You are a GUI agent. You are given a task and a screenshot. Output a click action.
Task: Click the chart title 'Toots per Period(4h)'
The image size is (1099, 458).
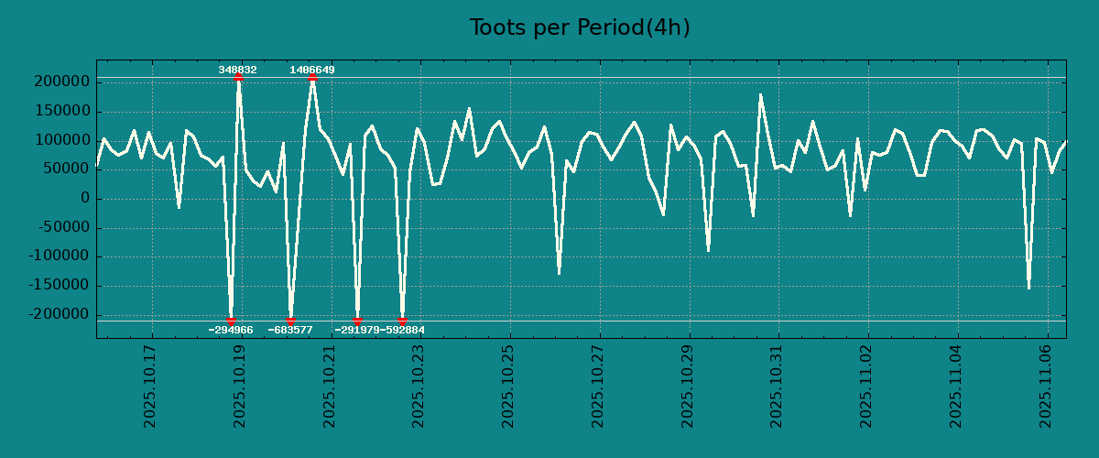tap(579, 27)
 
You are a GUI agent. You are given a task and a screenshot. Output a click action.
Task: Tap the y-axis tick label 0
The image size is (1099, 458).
tap(84, 199)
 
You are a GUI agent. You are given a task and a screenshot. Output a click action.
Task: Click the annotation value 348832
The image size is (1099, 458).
tap(237, 70)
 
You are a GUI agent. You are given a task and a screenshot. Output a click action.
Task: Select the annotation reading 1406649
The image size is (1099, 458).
tap(312, 70)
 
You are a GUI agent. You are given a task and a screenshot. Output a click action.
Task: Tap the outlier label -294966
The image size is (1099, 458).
tap(231, 330)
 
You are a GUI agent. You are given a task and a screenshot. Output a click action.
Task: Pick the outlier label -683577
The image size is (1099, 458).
tap(290, 330)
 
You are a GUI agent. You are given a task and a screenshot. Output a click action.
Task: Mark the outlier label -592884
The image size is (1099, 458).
tap(403, 330)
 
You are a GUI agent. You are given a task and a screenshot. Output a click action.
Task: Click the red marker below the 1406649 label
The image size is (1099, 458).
tap(312, 78)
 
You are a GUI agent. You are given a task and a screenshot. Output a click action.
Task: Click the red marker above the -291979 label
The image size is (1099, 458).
tap(357, 321)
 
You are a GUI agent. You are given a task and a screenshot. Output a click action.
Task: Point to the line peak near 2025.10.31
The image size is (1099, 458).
tap(760, 94)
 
